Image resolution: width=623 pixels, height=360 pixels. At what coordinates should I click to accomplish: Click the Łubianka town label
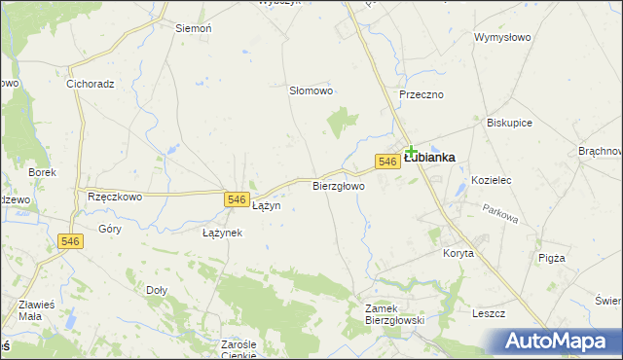coord(430,158)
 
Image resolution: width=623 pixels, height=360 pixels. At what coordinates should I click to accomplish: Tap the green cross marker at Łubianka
coord(411,151)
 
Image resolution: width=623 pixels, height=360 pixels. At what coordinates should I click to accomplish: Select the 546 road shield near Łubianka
coord(386,162)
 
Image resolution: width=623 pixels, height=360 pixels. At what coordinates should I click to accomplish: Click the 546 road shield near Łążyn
coord(236,198)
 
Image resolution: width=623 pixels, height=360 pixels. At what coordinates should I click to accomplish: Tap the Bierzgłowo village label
coord(338,185)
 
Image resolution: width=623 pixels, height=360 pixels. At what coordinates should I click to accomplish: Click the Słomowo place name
coord(311,90)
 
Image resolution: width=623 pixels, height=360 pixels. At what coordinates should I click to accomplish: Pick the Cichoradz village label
coord(91,84)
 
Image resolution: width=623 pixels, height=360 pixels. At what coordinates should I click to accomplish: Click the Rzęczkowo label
coord(115,196)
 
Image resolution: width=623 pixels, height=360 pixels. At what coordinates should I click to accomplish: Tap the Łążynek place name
coord(222,234)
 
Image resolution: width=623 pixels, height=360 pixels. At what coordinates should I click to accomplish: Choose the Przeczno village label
coord(421,94)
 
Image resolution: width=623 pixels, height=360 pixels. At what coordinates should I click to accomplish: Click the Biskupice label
coord(510,124)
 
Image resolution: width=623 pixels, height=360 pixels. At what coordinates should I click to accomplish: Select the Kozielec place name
coord(491,181)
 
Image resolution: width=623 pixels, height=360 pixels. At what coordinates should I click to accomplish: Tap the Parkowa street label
coord(500,213)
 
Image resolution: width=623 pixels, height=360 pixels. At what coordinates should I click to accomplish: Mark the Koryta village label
coord(458,253)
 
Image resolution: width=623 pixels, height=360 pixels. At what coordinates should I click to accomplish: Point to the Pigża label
coord(552,258)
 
